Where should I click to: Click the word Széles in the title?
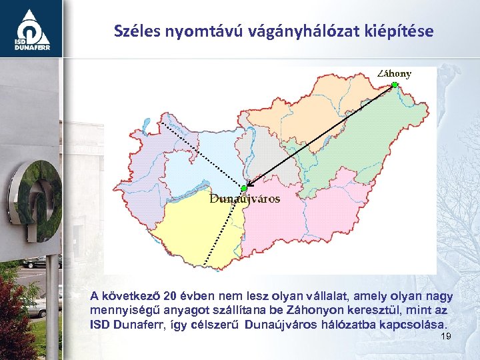135,31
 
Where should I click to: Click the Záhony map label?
394,73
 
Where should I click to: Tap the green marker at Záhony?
395,85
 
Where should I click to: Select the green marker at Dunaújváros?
244,189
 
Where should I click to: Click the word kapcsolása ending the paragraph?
412,325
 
